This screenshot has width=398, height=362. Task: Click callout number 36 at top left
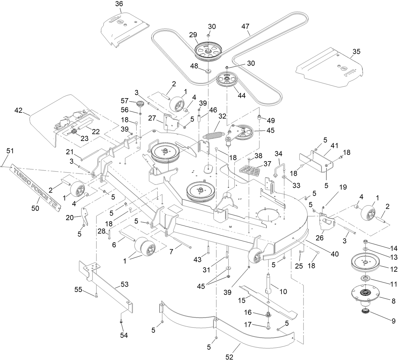(110, 4)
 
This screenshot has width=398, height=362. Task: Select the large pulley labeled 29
(208, 52)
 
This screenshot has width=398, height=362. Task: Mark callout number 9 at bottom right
(393, 321)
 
